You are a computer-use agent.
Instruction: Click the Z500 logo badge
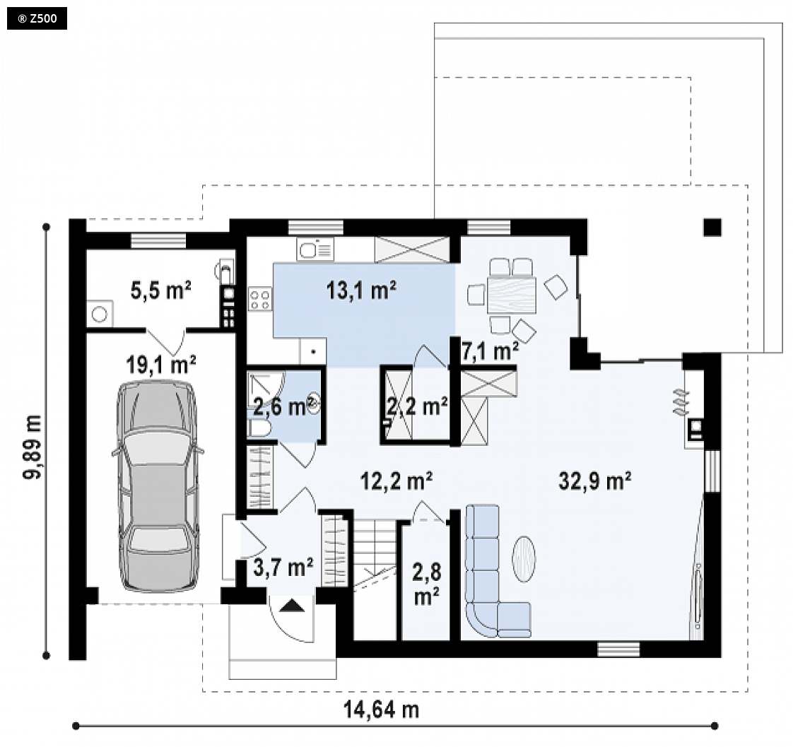pos(37,19)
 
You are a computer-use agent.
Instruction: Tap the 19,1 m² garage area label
pos(161,364)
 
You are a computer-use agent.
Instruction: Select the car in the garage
pos(158,486)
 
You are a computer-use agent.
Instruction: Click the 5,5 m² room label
pos(161,290)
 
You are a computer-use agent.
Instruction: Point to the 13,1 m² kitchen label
pos(361,290)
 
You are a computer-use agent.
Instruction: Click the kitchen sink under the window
pos(316,250)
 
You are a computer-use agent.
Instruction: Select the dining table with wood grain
pos(511,295)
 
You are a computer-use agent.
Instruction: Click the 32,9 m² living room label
pos(595,481)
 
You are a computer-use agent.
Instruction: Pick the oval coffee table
pos(524,559)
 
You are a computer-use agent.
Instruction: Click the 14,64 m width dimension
pos(382,710)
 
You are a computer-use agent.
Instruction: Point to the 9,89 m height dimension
pos(33,447)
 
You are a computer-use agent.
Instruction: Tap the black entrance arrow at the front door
pos(293,606)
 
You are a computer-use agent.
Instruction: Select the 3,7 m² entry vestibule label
pos(283,567)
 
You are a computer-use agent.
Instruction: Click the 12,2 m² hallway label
pos(396,481)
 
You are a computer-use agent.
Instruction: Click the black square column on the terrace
pos(712,227)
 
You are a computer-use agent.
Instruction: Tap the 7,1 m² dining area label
pos(490,351)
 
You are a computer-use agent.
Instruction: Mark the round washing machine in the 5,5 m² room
pos(100,314)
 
